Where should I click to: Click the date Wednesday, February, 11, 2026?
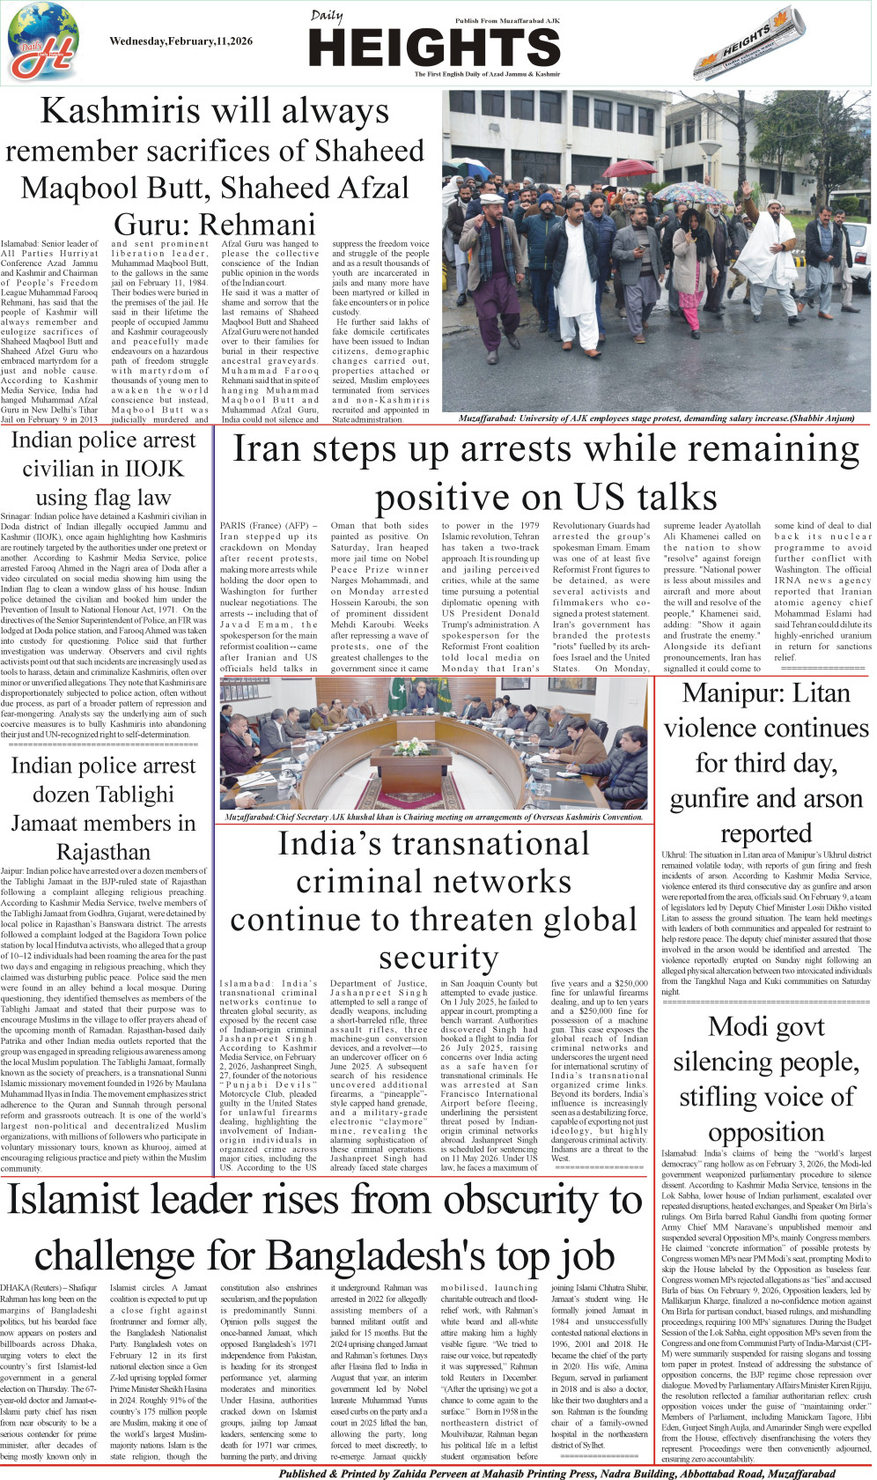click(181, 41)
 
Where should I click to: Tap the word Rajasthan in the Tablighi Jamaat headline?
click(103, 852)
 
